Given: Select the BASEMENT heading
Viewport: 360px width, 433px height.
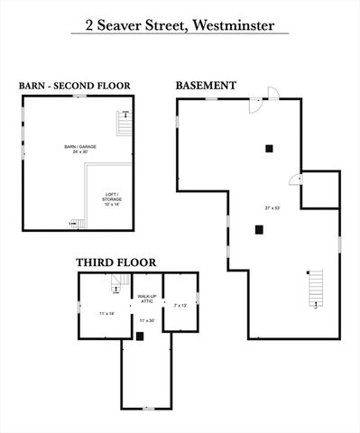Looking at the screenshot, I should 206,86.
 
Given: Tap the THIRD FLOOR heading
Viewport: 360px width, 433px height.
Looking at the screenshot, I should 115,263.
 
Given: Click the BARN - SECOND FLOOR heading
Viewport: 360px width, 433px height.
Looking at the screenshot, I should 75,86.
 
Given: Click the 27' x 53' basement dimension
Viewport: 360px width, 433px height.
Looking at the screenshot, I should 270,208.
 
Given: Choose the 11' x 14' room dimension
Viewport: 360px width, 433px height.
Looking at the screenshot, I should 106,313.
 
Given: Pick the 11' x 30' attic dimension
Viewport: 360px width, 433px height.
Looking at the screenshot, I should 147,320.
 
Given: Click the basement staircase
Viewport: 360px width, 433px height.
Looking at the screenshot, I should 315,288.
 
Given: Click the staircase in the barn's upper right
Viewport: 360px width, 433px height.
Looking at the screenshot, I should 125,124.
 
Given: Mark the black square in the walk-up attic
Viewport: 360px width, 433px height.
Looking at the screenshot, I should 140,336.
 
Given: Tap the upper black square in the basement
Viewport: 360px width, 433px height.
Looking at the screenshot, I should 268,148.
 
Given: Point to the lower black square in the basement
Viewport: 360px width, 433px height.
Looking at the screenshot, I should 258,229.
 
